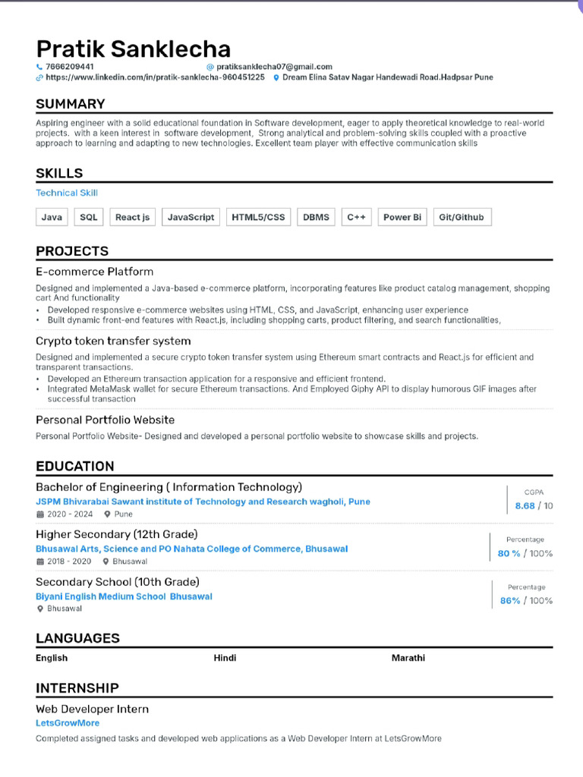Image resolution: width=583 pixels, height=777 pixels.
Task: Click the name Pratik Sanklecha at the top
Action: [133, 49]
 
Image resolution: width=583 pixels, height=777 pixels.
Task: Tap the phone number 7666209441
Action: [70, 67]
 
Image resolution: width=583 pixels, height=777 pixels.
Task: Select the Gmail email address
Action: [274, 67]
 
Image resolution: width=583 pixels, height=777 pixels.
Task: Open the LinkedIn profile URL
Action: [155, 77]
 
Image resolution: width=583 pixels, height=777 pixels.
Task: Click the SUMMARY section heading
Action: [71, 104]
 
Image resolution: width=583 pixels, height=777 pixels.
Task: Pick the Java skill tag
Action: [52, 217]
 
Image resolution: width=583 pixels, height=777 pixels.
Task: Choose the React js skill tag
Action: [132, 217]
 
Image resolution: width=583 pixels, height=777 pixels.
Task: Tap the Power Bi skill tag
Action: [402, 217]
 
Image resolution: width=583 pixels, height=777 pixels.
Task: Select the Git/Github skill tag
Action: [461, 217]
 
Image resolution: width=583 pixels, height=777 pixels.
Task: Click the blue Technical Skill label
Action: [67, 193]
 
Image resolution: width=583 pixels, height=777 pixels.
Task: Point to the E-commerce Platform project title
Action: [94, 272]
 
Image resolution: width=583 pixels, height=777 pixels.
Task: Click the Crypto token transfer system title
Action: [113, 341]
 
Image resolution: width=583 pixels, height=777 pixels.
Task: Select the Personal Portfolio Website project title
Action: [105, 420]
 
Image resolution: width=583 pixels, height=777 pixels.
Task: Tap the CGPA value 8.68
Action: [525, 506]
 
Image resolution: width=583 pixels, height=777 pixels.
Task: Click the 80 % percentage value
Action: [509, 554]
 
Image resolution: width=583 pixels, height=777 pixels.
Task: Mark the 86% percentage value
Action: [510, 601]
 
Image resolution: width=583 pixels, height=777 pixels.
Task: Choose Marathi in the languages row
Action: [408, 658]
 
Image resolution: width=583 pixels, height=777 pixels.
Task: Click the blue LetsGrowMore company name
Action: [68, 723]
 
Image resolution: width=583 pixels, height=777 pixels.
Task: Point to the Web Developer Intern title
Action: [92, 709]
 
